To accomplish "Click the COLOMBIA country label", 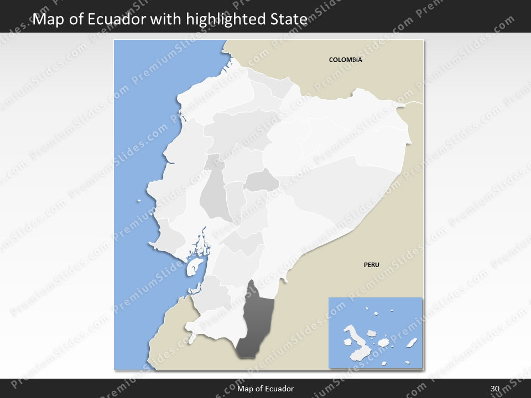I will [x=345, y=60].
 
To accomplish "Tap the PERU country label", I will [x=371, y=265].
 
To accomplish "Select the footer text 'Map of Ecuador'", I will [x=265, y=389].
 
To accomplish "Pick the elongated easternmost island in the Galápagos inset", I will [x=412, y=343].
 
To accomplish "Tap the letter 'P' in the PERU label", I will [x=366, y=265].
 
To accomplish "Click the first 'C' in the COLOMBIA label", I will [x=331, y=60].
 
